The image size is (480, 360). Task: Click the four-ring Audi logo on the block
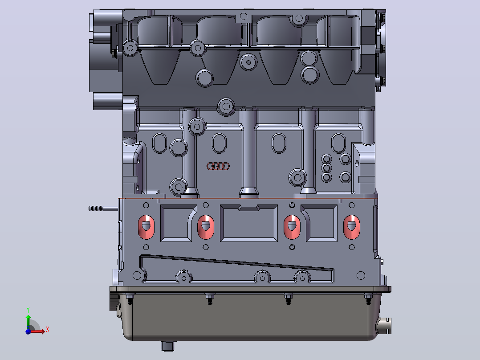pyautogui.click(x=218, y=166)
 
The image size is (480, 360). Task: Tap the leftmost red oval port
pyautogui.click(x=146, y=227)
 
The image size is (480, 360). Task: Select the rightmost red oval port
pyautogui.click(x=351, y=227)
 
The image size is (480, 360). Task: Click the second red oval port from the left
pyautogui.click(x=205, y=227)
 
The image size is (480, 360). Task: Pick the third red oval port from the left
pyautogui.click(x=292, y=227)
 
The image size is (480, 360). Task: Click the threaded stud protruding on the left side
pyautogui.click(x=103, y=209)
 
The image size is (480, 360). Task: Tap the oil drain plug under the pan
pyautogui.click(x=167, y=346)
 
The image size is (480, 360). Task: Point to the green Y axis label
pyautogui.click(x=28, y=310)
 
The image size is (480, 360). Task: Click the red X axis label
pyautogui.click(x=48, y=330)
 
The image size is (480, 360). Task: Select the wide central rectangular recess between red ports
pyautogui.click(x=249, y=223)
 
